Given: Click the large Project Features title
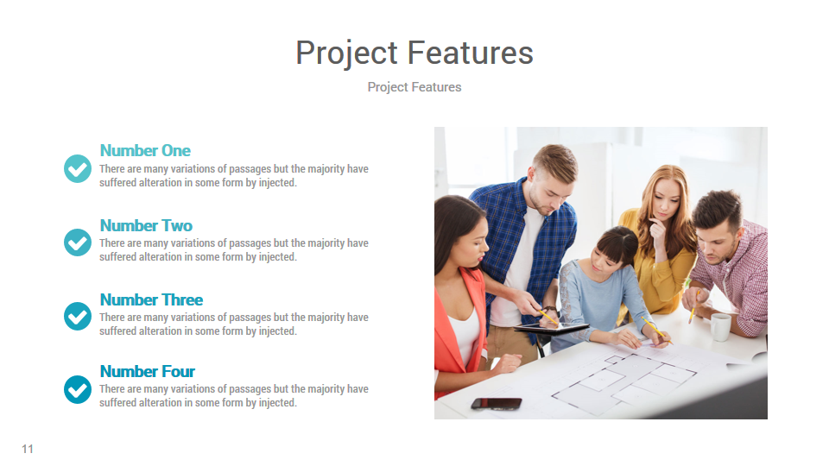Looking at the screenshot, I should [414, 53].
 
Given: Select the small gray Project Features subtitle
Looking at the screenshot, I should [414, 87].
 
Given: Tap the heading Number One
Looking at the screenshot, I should [145, 151].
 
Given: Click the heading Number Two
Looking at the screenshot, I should [146, 225].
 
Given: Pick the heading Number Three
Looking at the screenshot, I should [151, 299].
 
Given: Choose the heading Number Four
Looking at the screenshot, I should [148, 371].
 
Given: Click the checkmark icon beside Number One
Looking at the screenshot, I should [78, 168].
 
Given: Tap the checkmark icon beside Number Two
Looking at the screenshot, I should [78, 242].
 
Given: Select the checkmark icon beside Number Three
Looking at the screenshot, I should [78, 316].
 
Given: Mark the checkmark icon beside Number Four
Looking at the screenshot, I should [78, 389].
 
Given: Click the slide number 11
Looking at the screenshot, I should [28, 449].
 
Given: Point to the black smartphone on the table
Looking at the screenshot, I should [496, 403].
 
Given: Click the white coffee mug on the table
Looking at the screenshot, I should [720, 327].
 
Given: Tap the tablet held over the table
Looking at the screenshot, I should [551, 328].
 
